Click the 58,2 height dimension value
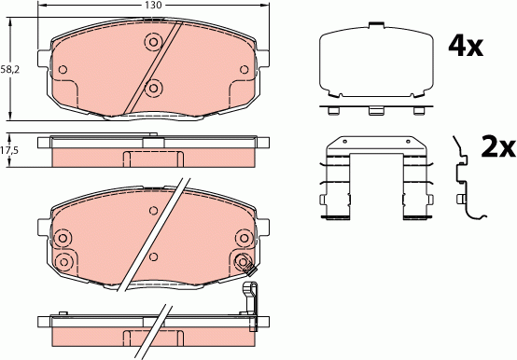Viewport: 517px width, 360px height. (9, 68)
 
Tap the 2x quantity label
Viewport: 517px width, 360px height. (496, 146)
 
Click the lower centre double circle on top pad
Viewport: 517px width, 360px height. (155, 89)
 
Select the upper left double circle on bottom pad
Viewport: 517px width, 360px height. (63, 237)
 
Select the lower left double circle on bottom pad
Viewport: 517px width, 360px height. (63, 260)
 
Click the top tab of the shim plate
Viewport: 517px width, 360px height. (376, 23)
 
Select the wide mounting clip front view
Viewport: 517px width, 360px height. (376, 182)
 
